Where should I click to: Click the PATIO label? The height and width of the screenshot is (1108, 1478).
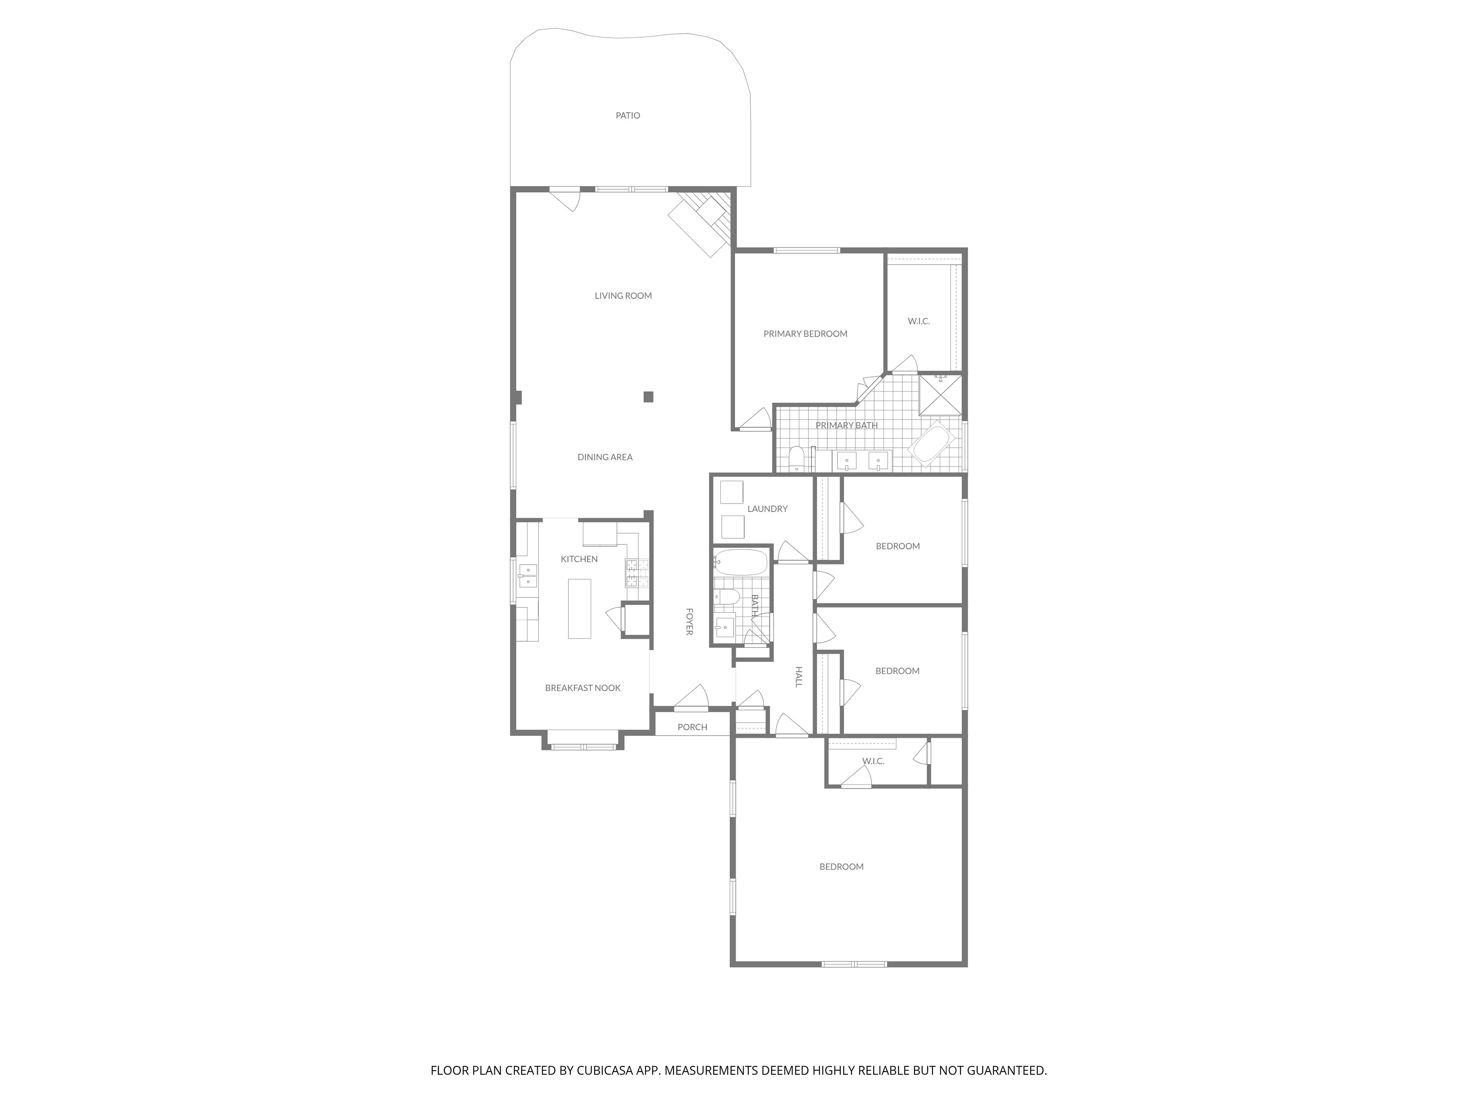click(627, 115)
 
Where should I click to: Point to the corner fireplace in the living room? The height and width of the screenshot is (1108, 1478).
click(702, 224)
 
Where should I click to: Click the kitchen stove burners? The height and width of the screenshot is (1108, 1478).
click(637, 573)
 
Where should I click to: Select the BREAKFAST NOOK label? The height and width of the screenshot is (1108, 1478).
click(583, 688)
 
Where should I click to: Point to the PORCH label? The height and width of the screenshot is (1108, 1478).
click(692, 727)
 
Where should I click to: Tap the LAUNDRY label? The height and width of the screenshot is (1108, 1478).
click(767, 509)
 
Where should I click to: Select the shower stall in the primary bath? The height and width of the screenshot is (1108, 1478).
click(941, 396)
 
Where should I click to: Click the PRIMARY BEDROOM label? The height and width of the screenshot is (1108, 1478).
click(805, 334)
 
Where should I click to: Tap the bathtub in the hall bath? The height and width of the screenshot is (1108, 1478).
click(740, 562)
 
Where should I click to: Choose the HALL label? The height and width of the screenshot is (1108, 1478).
click(799, 677)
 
